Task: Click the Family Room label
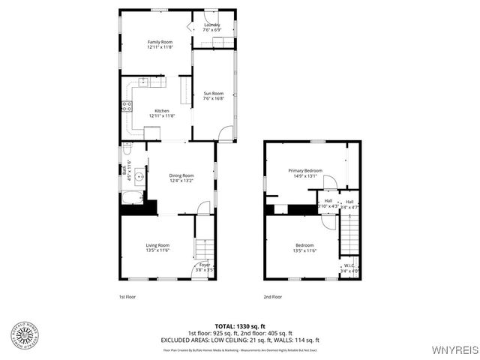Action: [x=160, y=41]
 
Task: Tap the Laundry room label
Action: [x=212, y=25]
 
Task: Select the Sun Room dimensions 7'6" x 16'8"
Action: [x=214, y=98]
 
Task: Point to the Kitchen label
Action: [x=162, y=111]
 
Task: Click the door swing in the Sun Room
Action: [x=225, y=133]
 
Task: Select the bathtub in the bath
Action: [x=131, y=199]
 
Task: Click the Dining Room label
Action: [x=181, y=175]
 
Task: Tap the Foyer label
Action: [x=205, y=265]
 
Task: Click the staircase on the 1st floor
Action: [x=203, y=248]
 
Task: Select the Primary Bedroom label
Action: [x=305, y=170]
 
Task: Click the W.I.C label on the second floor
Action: [x=349, y=265]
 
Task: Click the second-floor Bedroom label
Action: [x=304, y=245]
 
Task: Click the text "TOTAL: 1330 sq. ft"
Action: [x=240, y=325]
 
